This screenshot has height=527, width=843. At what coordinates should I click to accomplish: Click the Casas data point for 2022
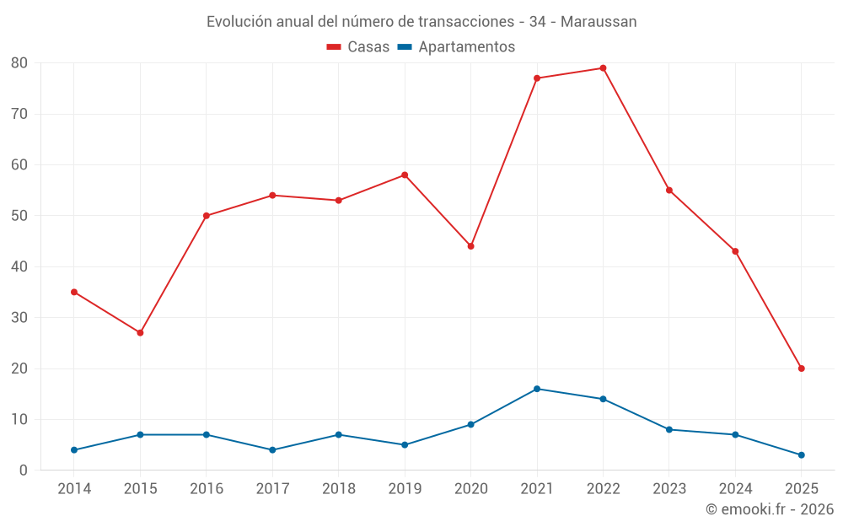pyautogui.click(x=603, y=68)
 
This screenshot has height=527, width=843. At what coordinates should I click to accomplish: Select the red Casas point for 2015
pyautogui.click(x=140, y=333)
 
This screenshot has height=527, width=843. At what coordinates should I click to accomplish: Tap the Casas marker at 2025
pyautogui.click(x=801, y=368)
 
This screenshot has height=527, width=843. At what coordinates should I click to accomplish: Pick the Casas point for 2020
pyautogui.click(x=470, y=246)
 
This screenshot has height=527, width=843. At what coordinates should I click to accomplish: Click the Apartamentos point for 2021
pyautogui.click(x=537, y=389)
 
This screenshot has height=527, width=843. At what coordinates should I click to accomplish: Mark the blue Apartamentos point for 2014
pyautogui.click(x=74, y=450)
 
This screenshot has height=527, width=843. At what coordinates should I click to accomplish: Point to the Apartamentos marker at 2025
pyautogui.click(x=801, y=455)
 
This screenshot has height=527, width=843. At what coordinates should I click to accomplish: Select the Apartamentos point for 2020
pyautogui.click(x=470, y=424)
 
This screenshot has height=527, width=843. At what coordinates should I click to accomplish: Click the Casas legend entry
pyautogui.click(x=358, y=47)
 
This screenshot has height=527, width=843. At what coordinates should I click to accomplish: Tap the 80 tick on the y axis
pyautogui.click(x=19, y=63)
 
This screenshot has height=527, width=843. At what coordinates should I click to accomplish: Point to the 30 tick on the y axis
pyautogui.click(x=19, y=318)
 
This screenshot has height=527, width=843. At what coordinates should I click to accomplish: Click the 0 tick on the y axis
pyautogui.click(x=24, y=471)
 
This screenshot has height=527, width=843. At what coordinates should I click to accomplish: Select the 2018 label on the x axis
pyautogui.click(x=339, y=489)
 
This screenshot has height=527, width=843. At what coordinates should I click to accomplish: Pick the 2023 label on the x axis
pyautogui.click(x=669, y=489)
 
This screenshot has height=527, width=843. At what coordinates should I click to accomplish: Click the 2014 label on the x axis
pyautogui.click(x=74, y=489)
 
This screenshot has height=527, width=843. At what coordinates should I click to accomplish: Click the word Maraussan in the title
pyautogui.click(x=599, y=22)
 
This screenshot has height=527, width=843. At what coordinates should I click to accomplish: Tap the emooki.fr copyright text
pyautogui.click(x=769, y=509)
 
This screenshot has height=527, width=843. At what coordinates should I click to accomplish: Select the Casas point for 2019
pyautogui.click(x=405, y=175)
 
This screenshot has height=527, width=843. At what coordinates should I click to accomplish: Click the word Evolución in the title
pyautogui.click(x=239, y=22)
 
